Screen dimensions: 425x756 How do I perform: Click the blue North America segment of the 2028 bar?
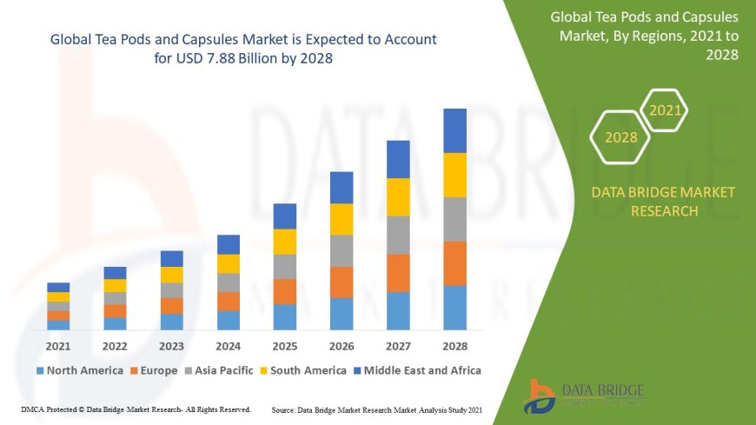[x=454, y=308]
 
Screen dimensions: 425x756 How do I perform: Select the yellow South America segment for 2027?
[x=398, y=197]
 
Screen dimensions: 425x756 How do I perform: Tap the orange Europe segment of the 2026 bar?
[x=342, y=282]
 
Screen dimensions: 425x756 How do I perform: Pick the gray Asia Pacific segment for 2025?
[x=285, y=267]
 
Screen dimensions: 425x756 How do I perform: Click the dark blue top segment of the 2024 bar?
[x=229, y=244]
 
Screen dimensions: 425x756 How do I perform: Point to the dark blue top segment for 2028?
[x=454, y=130]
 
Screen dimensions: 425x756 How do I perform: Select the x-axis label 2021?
[x=58, y=346]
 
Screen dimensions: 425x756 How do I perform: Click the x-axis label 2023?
[x=171, y=346]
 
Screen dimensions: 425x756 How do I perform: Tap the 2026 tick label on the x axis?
[x=342, y=346]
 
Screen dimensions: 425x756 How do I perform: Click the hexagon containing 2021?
[x=666, y=110]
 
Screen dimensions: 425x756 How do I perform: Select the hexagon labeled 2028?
[x=620, y=137]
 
